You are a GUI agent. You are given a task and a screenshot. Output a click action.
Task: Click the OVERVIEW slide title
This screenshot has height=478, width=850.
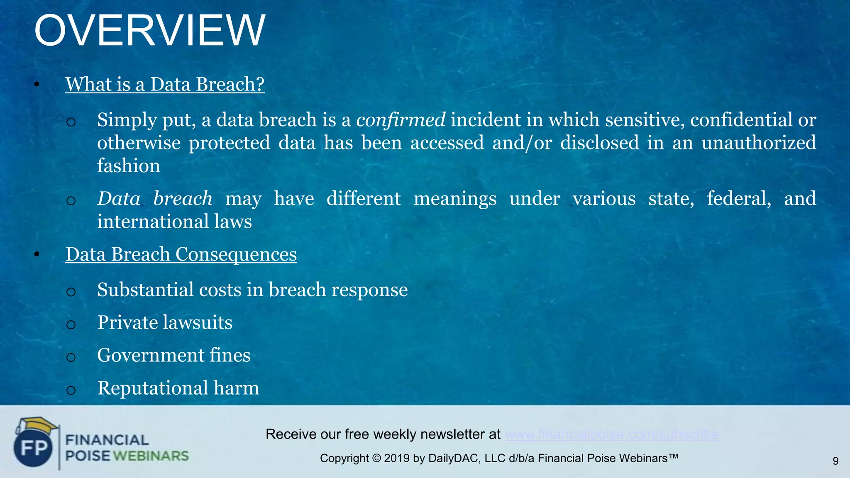click(x=149, y=31)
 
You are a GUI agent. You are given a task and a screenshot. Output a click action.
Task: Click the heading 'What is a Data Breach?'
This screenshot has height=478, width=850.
click(x=165, y=84)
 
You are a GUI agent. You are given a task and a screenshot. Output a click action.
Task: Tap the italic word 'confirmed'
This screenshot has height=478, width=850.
click(x=401, y=120)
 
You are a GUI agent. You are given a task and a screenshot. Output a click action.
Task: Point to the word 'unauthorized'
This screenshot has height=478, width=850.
click(x=758, y=143)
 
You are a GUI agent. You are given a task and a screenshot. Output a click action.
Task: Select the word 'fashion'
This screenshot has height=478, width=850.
click(x=129, y=166)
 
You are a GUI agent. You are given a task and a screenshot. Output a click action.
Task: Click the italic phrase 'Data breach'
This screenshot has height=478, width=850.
click(x=155, y=198)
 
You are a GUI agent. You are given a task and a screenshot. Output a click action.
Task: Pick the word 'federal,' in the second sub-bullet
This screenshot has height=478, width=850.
click(x=739, y=198)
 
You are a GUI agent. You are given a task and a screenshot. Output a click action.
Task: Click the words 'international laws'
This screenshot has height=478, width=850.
click(x=174, y=222)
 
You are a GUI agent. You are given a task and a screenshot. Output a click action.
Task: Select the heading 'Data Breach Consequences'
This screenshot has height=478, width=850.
click(x=181, y=254)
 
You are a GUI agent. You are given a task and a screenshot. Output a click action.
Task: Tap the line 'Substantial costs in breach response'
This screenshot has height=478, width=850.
click(x=252, y=290)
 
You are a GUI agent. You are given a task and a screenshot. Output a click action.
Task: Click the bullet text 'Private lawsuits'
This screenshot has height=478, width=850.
click(x=165, y=322)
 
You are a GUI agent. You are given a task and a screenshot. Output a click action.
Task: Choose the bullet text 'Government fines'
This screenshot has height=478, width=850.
click(x=173, y=355)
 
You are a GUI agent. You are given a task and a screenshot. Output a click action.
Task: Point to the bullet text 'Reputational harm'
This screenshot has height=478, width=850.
click(x=178, y=388)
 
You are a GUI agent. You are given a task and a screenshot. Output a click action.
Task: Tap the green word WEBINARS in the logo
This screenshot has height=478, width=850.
click(x=151, y=456)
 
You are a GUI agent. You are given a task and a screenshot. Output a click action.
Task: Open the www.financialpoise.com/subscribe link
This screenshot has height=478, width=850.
click(x=612, y=434)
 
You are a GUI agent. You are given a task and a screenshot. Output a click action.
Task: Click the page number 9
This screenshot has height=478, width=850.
click(x=835, y=461)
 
